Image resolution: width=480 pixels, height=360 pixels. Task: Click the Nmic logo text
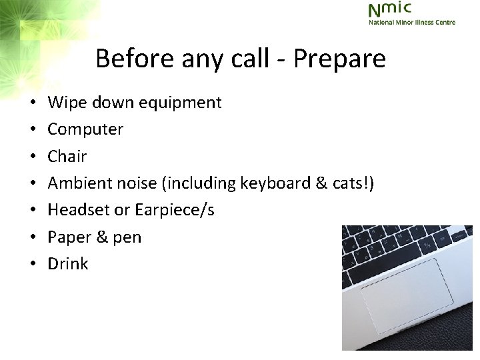[390, 9]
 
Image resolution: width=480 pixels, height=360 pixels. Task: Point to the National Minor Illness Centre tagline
[412, 22]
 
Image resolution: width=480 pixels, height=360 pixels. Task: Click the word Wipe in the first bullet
[67, 103]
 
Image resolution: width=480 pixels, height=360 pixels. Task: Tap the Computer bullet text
[85, 129]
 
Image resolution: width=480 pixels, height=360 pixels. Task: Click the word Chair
[67, 156]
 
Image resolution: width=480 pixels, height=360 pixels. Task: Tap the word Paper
[69, 237]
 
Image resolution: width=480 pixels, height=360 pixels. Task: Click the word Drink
[68, 263]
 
